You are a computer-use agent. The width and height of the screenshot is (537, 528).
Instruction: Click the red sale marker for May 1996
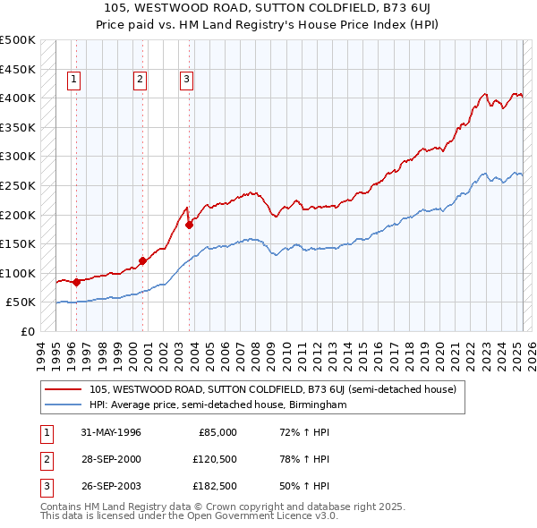click(x=76, y=282)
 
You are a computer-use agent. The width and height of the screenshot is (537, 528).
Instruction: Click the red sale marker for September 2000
click(x=143, y=261)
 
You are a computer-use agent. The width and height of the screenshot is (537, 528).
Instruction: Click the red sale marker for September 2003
click(x=190, y=226)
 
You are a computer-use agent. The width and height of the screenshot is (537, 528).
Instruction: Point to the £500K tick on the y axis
click(x=18, y=40)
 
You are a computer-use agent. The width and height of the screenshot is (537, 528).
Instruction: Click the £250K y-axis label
click(x=18, y=185)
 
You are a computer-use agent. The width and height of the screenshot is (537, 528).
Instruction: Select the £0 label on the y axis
click(x=27, y=331)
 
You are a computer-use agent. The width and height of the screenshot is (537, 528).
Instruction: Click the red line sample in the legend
click(x=64, y=389)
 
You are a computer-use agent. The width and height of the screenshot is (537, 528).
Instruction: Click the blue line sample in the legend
click(x=64, y=405)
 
